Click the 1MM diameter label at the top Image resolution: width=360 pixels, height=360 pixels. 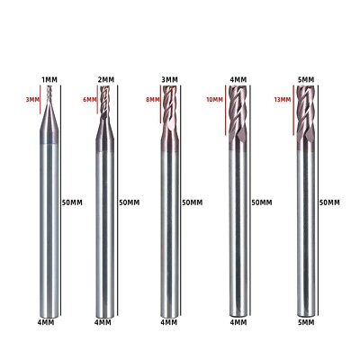tap(50, 82)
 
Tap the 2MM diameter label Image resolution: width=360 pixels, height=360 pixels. tap(106, 81)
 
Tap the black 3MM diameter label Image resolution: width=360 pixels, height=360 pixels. tap(169, 81)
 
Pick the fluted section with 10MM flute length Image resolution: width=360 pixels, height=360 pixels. tap(237, 108)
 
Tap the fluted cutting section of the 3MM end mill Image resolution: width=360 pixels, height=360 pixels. tap(169, 110)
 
